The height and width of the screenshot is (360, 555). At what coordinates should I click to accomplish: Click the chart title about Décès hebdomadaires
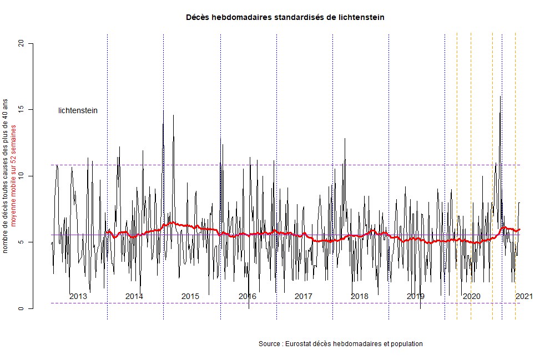(x=285, y=18)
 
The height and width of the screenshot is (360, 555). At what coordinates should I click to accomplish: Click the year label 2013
(x=78, y=296)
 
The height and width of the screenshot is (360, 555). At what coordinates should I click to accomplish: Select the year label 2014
(x=134, y=296)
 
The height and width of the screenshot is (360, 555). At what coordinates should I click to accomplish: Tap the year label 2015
(x=190, y=296)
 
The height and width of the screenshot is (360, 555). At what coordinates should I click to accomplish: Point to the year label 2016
(x=247, y=296)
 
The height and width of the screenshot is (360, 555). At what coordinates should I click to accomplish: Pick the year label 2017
(x=303, y=296)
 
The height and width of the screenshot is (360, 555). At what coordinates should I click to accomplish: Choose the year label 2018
(x=360, y=296)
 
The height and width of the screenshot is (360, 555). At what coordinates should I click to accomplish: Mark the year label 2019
(x=416, y=296)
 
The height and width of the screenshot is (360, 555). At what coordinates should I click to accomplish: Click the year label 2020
(x=472, y=296)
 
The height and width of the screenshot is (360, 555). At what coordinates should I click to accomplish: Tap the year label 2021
(x=524, y=296)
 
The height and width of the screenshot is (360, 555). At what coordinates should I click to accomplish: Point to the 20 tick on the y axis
(x=22, y=43)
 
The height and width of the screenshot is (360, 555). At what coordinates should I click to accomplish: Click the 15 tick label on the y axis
(x=22, y=110)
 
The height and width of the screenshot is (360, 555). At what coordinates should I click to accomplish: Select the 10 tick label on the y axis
(x=22, y=176)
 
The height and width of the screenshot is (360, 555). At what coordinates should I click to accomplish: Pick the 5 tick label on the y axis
(x=22, y=242)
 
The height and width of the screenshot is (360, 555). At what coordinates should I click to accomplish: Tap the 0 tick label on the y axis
(x=22, y=308)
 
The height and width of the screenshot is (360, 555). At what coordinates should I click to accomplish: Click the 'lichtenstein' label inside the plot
(x=78, y=110)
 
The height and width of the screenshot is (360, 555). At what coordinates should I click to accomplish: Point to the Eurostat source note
(x=341, y=344)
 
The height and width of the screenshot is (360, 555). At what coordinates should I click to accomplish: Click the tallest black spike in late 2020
(x=501, y=97)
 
